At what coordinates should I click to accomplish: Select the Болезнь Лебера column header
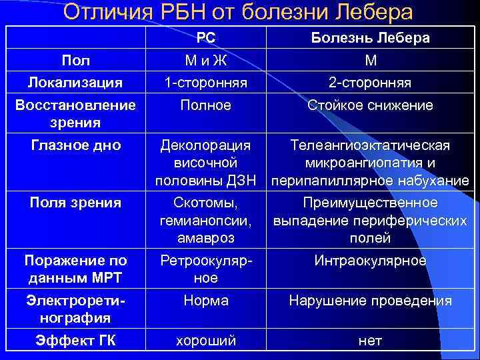click(371, 38)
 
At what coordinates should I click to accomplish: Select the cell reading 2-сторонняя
click(371, 83)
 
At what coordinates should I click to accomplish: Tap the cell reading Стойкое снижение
click(371, 105)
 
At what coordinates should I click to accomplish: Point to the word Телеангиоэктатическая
click(371, 146)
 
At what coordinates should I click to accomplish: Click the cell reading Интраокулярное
click(371, 261)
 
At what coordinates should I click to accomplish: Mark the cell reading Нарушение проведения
click(371, 301)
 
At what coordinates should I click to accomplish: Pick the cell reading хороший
click(205, 341)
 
